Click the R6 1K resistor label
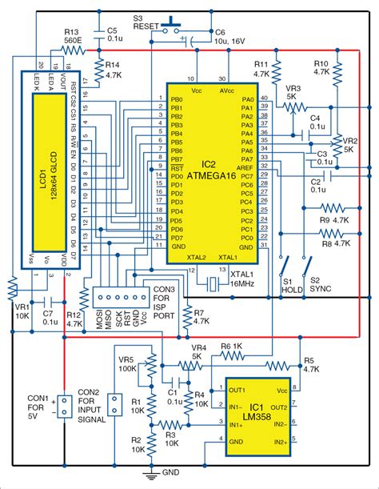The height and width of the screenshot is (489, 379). click(231, 347)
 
